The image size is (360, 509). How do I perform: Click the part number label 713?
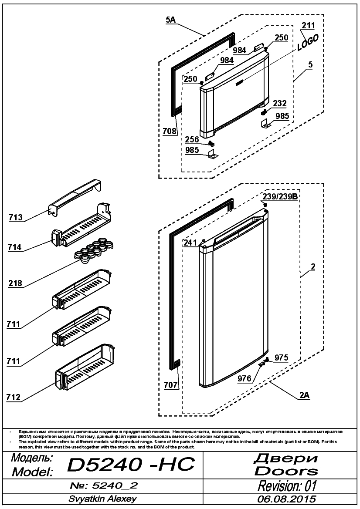point(16,217)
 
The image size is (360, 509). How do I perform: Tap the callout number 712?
point(14,397)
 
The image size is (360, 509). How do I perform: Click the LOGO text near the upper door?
point(307,43)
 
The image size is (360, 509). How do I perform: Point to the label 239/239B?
point(280,197)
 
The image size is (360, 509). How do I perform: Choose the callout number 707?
point(170,385)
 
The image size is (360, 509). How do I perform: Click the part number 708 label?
point(170,131)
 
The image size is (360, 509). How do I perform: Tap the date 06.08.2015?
point(286,499)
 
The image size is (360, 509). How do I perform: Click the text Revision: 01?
point(287,486)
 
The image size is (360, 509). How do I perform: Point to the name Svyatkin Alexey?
point(102,499)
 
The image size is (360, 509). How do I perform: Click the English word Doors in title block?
point(286,471)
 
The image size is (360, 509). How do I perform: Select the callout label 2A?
point(305,395)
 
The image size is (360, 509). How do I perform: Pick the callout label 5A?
point(170,20)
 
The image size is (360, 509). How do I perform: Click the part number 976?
point(245,378)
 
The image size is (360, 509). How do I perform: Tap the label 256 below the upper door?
point(192,139)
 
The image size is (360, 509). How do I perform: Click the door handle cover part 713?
point(76,197)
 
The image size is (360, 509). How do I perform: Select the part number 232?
point(280,103)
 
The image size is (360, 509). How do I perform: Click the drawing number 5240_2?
point(115,485)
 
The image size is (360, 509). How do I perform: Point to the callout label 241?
point(190,243)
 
